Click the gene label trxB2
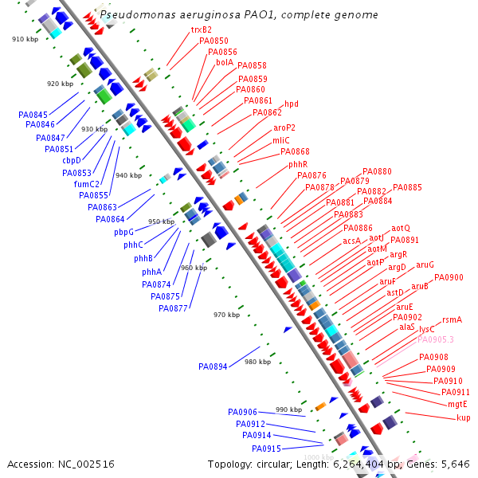[x=201, y=29]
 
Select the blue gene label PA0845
[x=33, y=115]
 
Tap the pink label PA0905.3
[x=436, y=339]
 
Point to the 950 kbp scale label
[x=160, y=221]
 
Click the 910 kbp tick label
[x=25, y=39]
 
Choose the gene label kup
[x=463, y=417]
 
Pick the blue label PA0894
[x=213, y=366]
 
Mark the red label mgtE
[x=457, y=404]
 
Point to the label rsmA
[x=452, y=319]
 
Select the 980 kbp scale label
[x=257, y=362]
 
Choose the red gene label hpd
[x=292, y=104]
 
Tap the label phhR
[x=298, y=164]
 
